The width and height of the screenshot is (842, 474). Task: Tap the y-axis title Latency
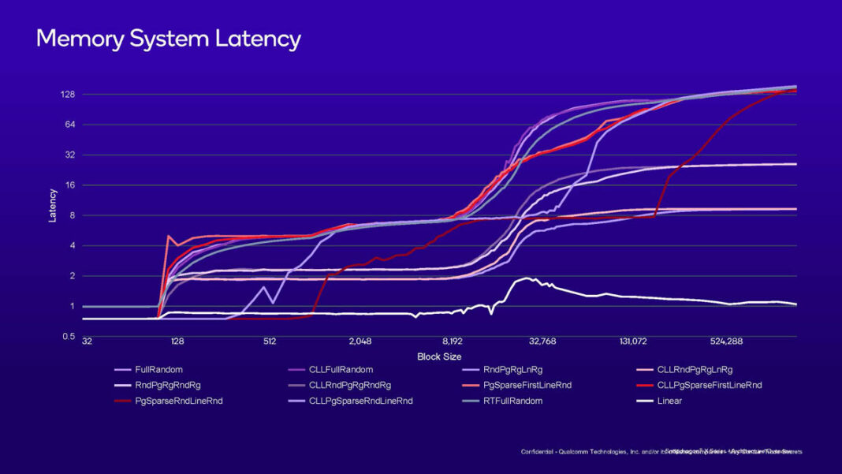(53, 205)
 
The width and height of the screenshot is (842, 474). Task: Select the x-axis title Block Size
(439, 357)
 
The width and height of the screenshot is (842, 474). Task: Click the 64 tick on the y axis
(69, 125)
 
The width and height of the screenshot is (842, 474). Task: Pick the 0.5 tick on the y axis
(69, 337)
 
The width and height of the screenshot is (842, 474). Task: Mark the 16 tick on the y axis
(69, 185)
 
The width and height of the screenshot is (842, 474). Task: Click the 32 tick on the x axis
(87, 342)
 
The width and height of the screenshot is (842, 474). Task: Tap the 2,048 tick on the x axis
(360, 342)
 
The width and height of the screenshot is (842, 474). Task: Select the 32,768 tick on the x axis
(542, 342)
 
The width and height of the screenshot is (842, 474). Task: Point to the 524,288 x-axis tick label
(725, 342)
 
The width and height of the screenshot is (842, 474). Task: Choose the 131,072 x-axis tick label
(633, 342)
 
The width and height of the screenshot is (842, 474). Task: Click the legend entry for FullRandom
(154, 369)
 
